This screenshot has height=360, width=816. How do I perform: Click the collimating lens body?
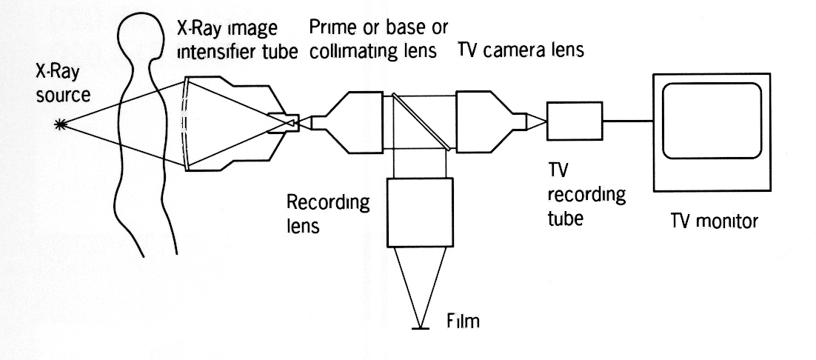pyautogui.click(x=355, y=121)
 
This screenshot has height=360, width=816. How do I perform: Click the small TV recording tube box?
pyautogui.click(x=575, y=121)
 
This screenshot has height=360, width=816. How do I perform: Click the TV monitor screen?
pyautogui.click(x=711, y=120)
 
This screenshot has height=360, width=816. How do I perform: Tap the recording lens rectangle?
pyautogui.click(x=419, y=212)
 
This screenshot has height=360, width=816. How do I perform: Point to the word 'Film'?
pyautogui.click(x=464, y=321)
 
